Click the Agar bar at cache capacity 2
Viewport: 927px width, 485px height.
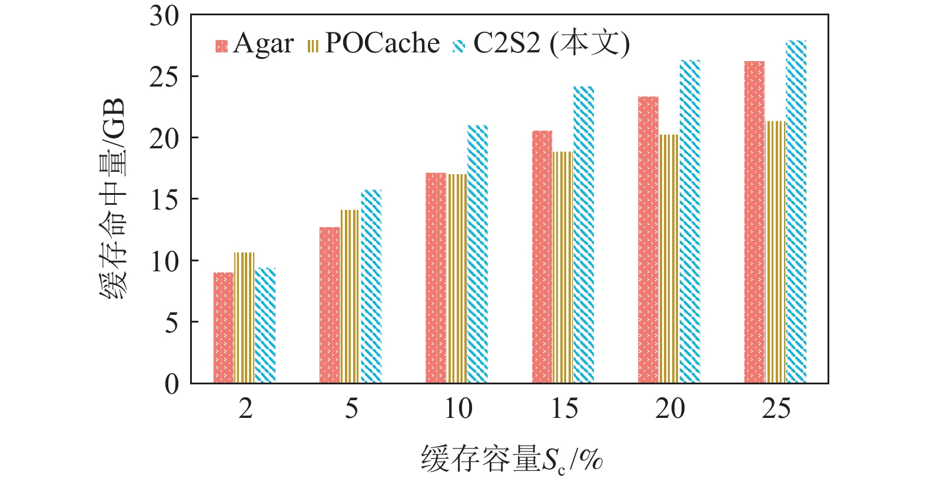click(x=224, y=327)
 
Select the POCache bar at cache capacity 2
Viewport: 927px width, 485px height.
click(x=244, y=318)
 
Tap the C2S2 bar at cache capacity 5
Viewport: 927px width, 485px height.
click(x=371, y=286)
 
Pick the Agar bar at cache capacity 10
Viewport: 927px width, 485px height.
click(x=436, y=278)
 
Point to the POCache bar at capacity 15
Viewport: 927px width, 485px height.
click(x=563, y=267)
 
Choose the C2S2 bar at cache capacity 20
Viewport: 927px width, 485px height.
click(x=690, y=221)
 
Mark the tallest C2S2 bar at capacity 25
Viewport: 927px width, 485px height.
click(x=796, y=212)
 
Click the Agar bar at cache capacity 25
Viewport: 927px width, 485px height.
click(x=754, y=222)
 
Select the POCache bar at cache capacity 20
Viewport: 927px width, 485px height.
click(x=669, y=259)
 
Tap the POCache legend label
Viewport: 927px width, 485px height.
click(x=382, y=44)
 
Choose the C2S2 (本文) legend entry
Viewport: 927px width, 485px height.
click(x=550, y=44)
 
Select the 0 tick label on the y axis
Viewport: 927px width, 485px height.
click(x=171, y=384)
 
